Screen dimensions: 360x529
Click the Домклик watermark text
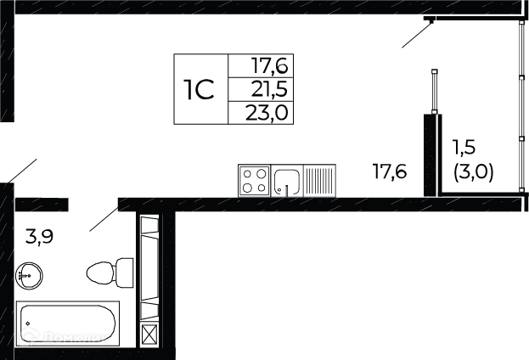click(76, 338)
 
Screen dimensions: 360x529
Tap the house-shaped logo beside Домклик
click(29, 337)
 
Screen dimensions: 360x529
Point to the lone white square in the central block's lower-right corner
click(282, 111)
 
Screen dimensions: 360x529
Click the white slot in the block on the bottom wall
click(285, 180)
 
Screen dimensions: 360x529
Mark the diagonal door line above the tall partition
click(417, 37)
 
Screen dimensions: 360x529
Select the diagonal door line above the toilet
click(102, 218)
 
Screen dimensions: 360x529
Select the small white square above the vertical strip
click(149, 228)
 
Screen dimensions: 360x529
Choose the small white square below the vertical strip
click(149, 309)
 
